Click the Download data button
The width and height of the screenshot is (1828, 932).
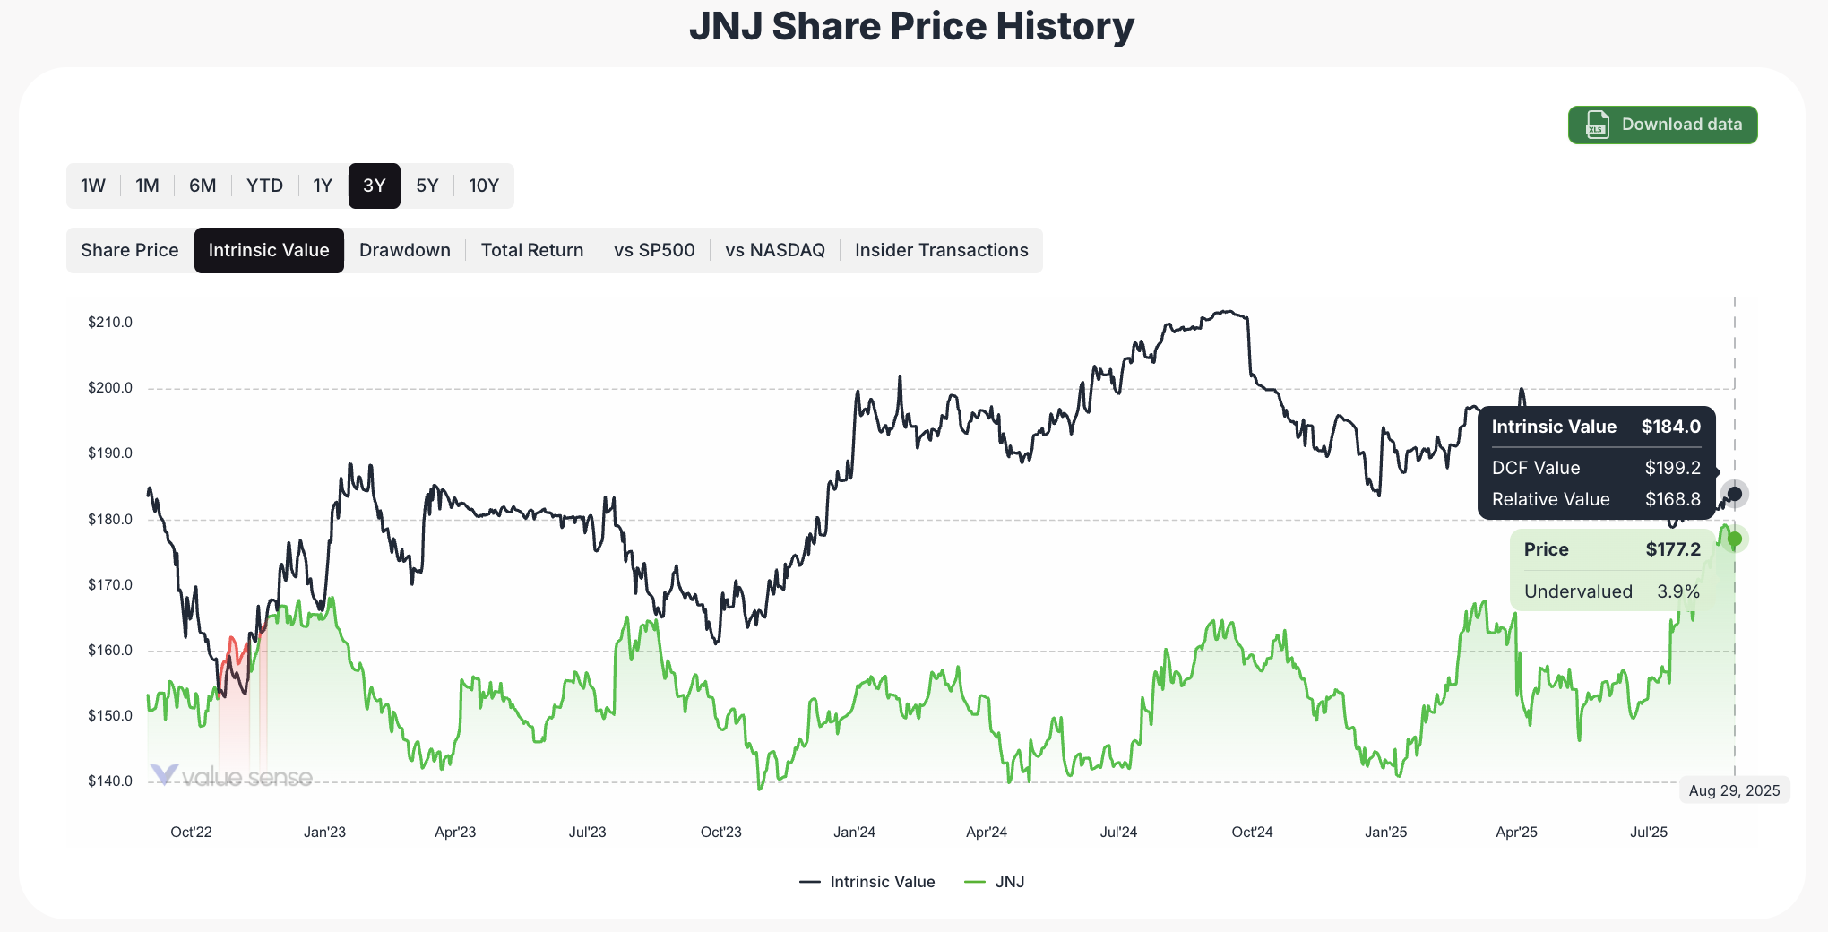coord(1662,125)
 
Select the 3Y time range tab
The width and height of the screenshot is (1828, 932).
coord(374,186)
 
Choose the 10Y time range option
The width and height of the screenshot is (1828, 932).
coord(483,186)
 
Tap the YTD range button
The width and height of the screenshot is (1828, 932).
coord(264,186)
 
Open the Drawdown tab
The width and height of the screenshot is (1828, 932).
coord(405,250)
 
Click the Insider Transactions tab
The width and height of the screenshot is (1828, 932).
coord(941,250)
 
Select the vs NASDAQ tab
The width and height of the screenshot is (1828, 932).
coord(774,250)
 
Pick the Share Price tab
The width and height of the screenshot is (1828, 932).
coord(130,250)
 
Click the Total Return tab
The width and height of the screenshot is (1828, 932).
coord(532,250)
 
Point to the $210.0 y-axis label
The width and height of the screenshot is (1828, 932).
coord(110,323)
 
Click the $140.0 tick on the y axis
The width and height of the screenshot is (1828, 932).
coord(110,781)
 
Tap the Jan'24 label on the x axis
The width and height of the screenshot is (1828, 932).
coord(854,832)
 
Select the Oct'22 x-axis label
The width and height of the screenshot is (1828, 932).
coord(191,832)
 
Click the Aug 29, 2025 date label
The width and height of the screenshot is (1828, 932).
coord(1734,790)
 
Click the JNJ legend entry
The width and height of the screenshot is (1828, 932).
coord(995,882)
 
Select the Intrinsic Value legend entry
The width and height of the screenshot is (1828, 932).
coord(867,882)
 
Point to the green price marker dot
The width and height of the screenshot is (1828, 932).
coord(1735,539)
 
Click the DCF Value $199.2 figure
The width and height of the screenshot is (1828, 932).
coord(1672,468)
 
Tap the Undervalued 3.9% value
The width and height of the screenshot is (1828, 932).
coord(1677,591)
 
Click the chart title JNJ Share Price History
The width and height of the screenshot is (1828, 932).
coord(911,26)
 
